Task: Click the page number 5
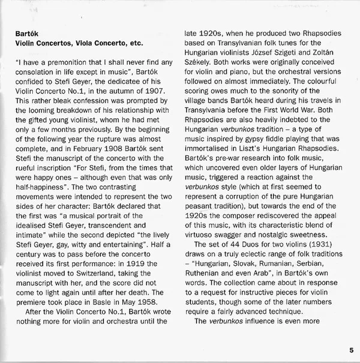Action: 350,350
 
